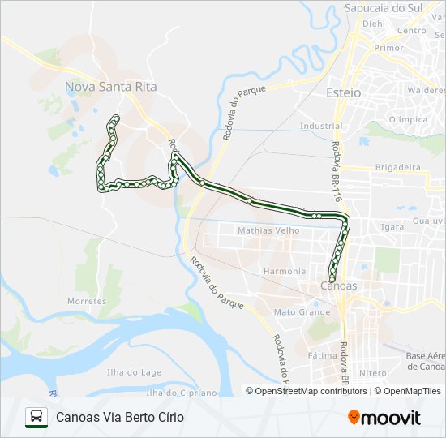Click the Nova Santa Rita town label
pyautogui.click(x=110, y=85)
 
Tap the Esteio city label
pyautogui.click(x=343, y=93)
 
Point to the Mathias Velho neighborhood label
pyautogui.click(x=268, y=230)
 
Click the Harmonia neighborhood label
pyautogui.click(x=284, y=271)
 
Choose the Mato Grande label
pyautogui.click(x=302, y=311)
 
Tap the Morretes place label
pyautogui.click(x=87, y=301)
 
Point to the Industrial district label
pyautogui.click(x=320, y=127)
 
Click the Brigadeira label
pyautogui.click(x=397, y=167)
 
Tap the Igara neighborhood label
pyautogui.click(x=392, y=227)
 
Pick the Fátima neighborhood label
pyautogui.click(x=322, y=355)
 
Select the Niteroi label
pyautogui.click(x=375, y=372)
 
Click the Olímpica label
pyautogui.click(x=408, y=119)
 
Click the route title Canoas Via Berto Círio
pyautogui.click(x=120, y=417)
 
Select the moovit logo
pyautogui.click(x=384, y=418)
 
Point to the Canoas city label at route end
pyautogui.click(x=339, y=286)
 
